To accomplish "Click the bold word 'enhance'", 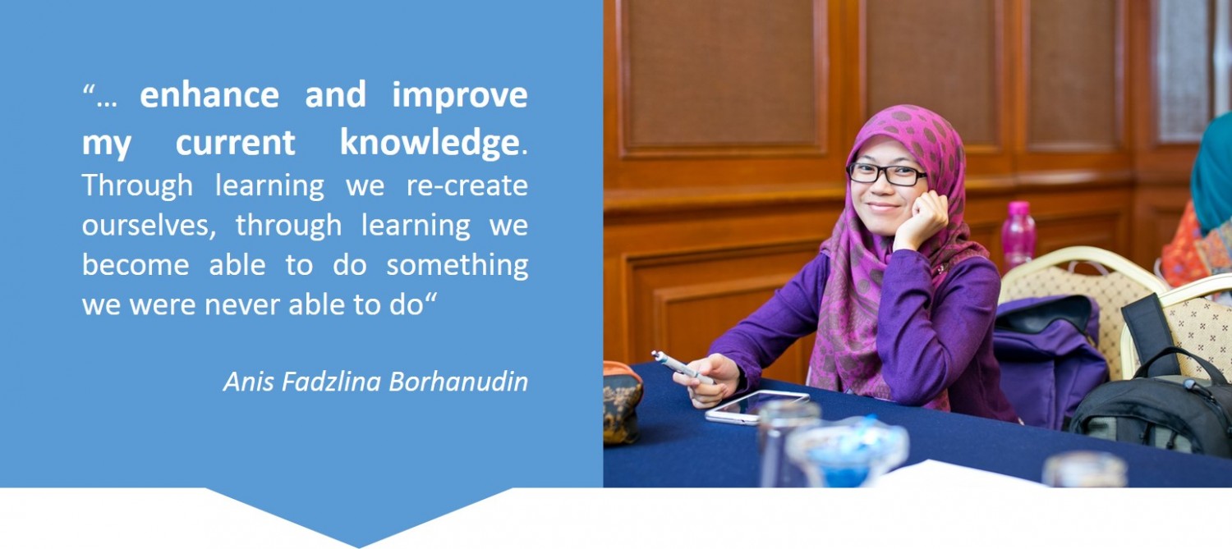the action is pos(209,94).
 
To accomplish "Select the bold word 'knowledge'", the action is pos(429,143).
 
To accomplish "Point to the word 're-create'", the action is pos(467,185).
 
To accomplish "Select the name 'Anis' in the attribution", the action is pos(248,382).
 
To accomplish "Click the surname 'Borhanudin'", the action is pos(458,382).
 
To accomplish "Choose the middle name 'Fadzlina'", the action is pos(331,382).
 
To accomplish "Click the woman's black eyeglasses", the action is pos(886,174).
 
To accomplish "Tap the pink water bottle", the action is pos(1018,234).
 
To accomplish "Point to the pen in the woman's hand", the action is pos(682,367).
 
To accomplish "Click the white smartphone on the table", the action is pos(756,407).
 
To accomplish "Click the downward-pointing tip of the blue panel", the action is pos(359,547).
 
